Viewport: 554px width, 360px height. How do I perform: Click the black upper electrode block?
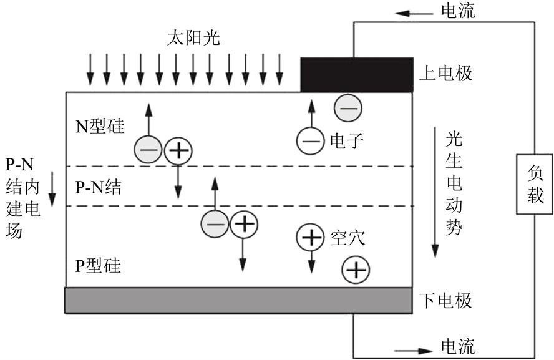[357, 74]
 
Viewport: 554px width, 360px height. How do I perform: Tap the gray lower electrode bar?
[238, 299]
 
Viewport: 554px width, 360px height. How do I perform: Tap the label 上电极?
[445, 74]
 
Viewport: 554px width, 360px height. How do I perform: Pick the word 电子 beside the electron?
[346, 141]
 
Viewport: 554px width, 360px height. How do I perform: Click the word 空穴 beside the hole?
[346, 237]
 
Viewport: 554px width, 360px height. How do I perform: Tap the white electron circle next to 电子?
[310, 140]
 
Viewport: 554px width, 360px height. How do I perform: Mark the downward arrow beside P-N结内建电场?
[52, 190]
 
